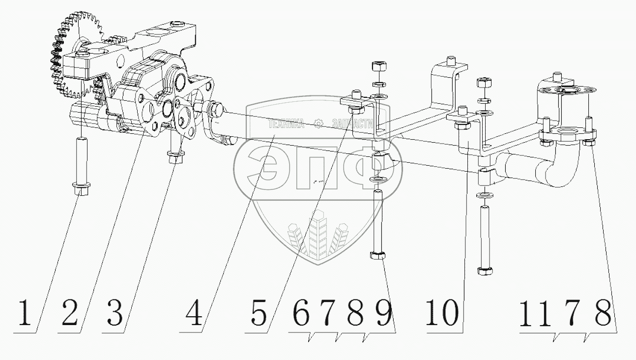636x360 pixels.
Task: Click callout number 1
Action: (x=25, y=313)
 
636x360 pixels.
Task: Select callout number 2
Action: (x=70, y=313)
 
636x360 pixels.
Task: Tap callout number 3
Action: (x=115, y=313)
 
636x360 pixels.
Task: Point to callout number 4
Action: (x=195, y=313)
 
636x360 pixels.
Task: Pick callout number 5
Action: (x=259, y=313)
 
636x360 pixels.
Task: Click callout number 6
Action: (x=301, y=313)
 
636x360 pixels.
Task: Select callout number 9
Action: (x=384, y=313)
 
